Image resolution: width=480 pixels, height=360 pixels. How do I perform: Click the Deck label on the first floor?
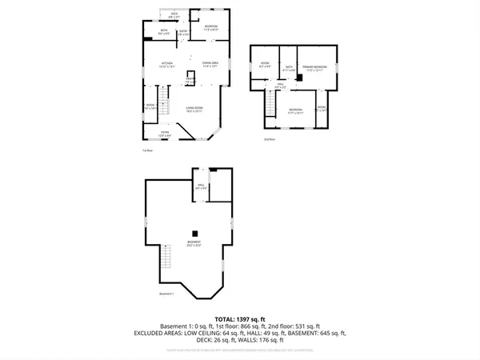(174, 14)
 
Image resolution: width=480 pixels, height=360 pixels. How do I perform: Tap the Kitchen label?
(167, 64)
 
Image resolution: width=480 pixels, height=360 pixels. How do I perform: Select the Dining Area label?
(210, 64)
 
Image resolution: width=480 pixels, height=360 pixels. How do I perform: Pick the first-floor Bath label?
(163, 32)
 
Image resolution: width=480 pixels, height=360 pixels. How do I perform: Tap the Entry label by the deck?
(183, 33)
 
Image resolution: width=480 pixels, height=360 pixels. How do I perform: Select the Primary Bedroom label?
(318, 68)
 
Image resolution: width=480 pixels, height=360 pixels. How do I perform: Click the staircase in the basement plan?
(166, 258)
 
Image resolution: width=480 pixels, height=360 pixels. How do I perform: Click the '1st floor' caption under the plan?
(147, 150)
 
